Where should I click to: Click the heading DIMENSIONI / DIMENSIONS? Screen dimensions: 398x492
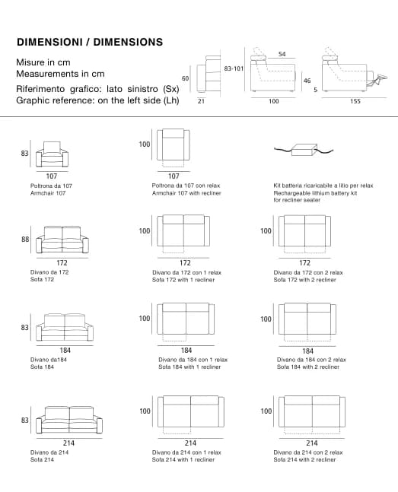90,42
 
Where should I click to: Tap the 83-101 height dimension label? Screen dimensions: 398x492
234,68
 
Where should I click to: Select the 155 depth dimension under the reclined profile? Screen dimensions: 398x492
355,101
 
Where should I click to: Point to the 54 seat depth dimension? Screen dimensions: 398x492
282,54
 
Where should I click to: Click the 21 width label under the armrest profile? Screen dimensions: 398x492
201,101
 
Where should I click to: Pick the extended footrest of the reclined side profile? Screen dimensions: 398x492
377,79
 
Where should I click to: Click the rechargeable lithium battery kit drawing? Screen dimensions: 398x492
304,149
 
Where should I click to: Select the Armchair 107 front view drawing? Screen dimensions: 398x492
52,154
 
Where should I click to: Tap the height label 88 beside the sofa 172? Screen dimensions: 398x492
25,240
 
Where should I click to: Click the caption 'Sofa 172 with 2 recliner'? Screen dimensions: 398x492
304,280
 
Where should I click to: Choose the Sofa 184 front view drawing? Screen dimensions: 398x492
65,327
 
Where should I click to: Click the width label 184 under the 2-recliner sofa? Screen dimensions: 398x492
307,351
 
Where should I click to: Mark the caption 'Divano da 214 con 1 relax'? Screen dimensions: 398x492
186,452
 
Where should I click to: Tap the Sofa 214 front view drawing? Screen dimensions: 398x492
69,420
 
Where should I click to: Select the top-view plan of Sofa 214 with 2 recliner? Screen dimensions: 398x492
312,414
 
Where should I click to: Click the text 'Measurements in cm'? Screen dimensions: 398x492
60,74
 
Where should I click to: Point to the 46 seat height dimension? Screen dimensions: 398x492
307,81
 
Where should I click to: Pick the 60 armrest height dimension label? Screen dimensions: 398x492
186,78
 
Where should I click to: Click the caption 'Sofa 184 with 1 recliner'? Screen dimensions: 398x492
189,367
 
